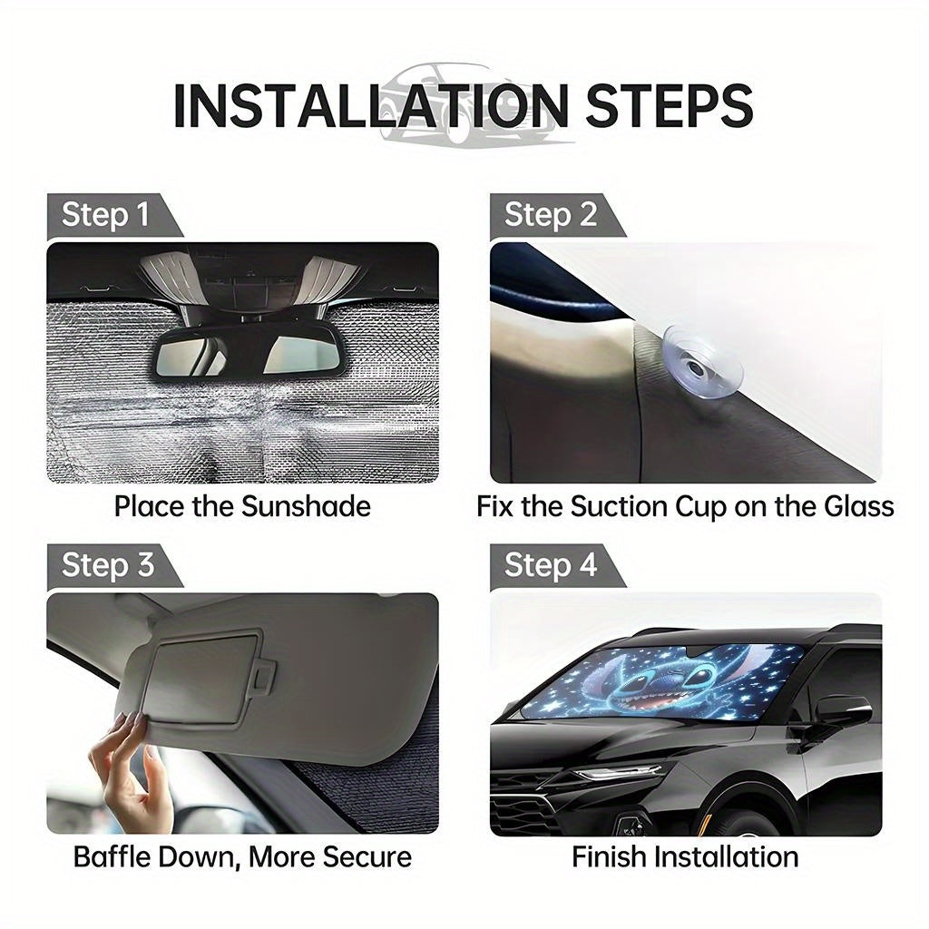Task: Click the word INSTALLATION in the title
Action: click(x=371, y=106)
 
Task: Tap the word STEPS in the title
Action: click(x=670, y=106)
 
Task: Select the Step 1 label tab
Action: click(x=113, y=216)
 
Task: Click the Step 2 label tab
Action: click(x=557, y=216)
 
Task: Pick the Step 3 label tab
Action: click(x=113, y=566)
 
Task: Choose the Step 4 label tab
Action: click(x=557, y=566)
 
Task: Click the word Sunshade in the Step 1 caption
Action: click(x=306, y=507)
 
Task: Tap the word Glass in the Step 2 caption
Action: click(x=857, y=507)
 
